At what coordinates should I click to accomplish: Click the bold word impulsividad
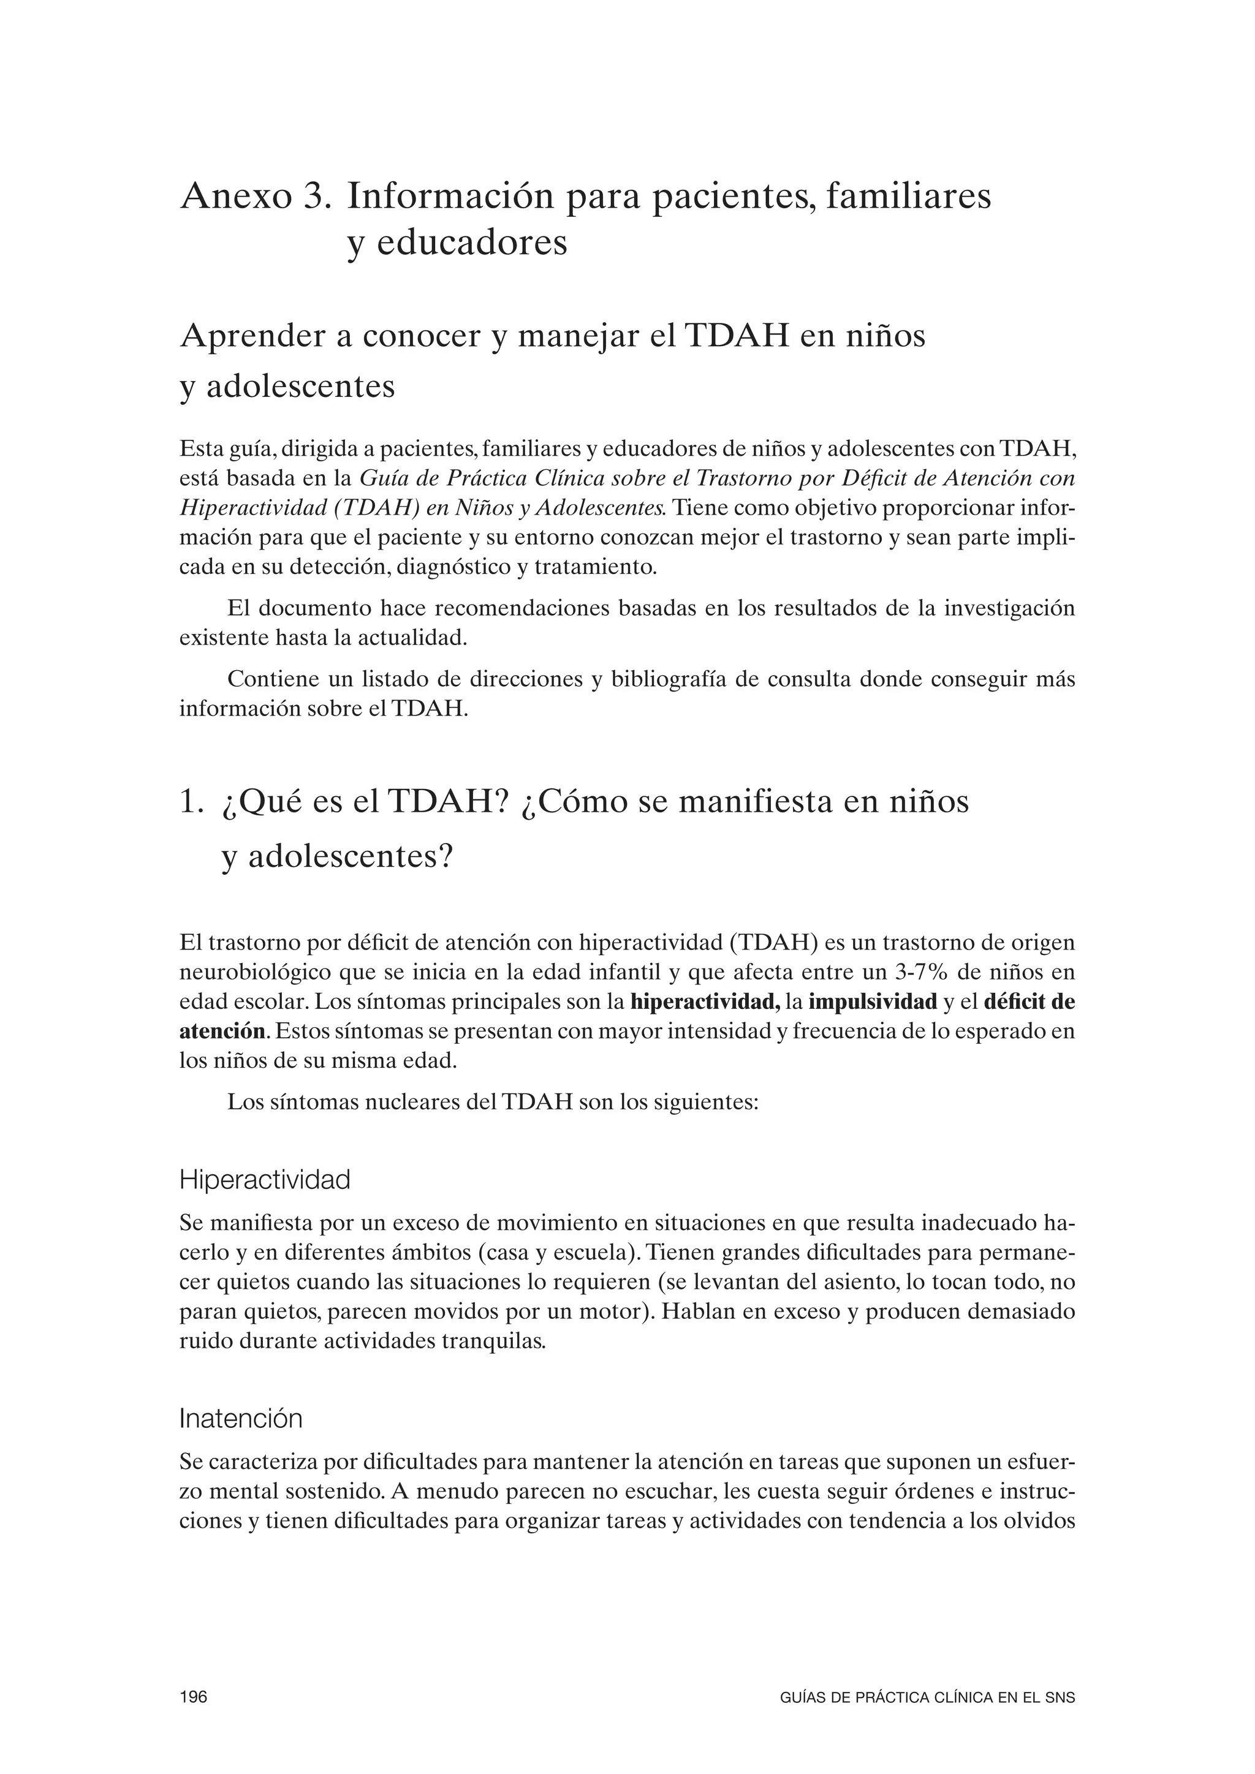[873, 1003]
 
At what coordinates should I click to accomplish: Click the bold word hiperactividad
[704, 1003]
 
